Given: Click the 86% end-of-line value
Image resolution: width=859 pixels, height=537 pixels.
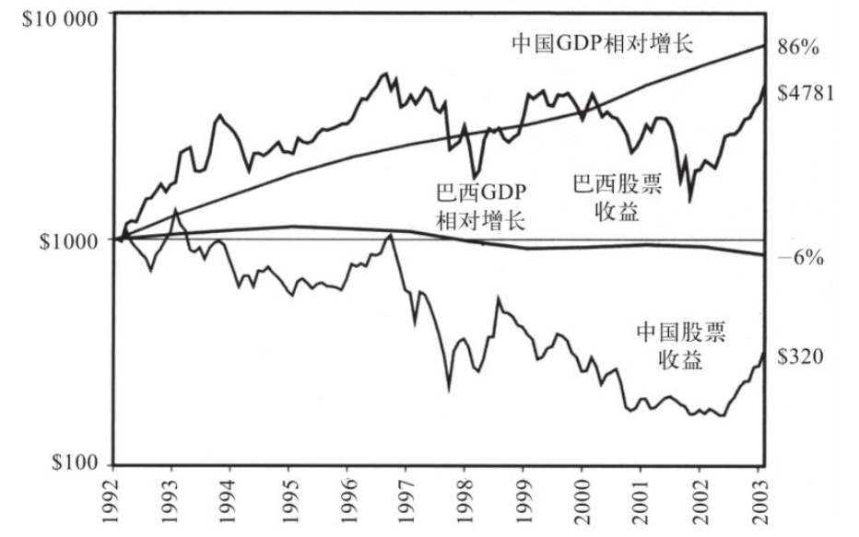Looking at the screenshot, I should [x=800, y=47].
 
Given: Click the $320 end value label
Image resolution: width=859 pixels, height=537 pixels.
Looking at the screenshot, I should [x=800, y=356].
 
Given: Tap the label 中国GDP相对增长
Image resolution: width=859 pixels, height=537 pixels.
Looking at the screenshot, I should [x=602, y=42].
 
